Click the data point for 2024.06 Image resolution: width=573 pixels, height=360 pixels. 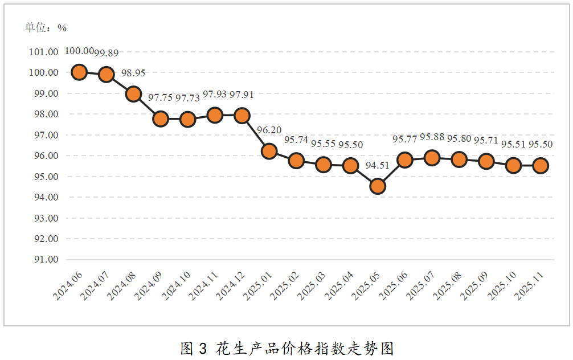click(79, 72)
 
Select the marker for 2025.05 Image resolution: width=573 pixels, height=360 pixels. click(377, 186)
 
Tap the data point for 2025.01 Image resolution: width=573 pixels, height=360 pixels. click(269, 151)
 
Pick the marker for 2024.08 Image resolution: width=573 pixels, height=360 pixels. click(133, 94)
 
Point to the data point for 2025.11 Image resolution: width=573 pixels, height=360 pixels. click(541, 165)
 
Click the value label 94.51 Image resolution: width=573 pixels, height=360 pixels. click(378, 166)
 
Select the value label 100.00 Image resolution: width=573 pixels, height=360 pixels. click(79, 51)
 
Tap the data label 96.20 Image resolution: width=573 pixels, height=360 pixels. click(269, 130)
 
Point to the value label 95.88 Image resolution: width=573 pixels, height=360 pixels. click(432, 137)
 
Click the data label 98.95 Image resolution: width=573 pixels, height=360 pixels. click(134, 73)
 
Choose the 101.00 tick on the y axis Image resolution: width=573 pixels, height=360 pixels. click(44, 52)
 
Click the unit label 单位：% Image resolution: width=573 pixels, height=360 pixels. click(46, 27)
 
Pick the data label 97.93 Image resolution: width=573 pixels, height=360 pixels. click(215, 94)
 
